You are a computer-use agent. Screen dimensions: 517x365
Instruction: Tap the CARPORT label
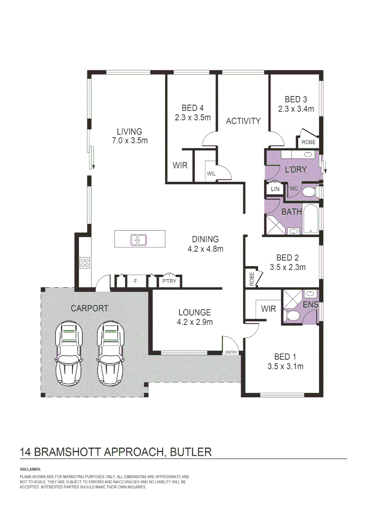(89, 308)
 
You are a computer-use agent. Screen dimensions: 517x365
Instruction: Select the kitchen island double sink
(139, 239)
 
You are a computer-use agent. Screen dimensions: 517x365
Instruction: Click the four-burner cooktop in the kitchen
(85, 262)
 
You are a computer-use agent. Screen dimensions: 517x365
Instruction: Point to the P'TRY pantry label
(169, 281)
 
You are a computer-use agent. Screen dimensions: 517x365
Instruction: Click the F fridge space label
(136, 281)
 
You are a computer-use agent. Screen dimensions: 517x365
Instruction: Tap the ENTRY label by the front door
(231, 353)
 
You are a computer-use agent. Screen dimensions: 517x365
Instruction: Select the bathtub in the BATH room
(311, 219)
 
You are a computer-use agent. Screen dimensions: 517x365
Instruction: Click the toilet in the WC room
(309, 191)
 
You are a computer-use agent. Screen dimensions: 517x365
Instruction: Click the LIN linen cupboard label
(274, 190)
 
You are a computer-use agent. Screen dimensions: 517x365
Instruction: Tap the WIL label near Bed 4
(211, 174)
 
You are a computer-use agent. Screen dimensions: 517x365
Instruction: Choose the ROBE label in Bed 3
(308, 142)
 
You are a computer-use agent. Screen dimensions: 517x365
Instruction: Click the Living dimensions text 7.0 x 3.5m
(129, 141)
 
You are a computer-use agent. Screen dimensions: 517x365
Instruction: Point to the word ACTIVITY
(243, 121)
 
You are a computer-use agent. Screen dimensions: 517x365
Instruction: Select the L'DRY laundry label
(295, 169)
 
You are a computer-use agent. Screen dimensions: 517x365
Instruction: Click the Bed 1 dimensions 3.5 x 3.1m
(285, 367)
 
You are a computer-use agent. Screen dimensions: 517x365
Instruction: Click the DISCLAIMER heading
(31, 470)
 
